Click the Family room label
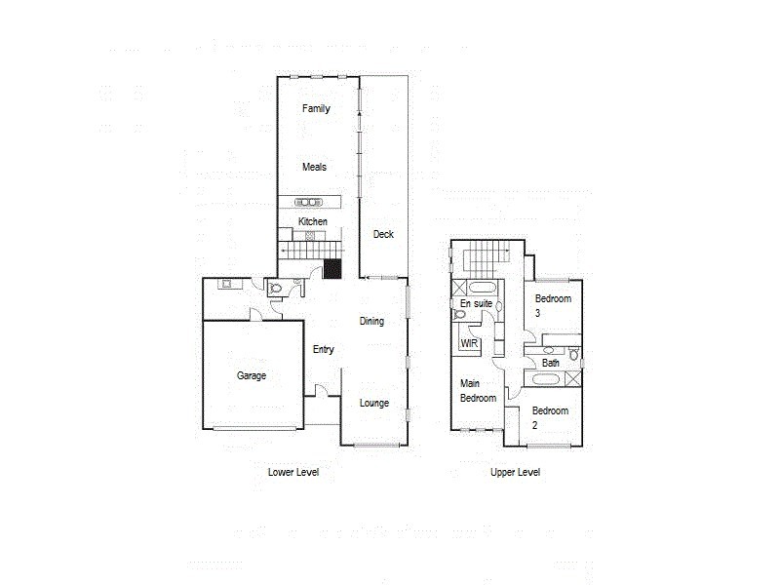(315, 108)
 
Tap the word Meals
(314, 167)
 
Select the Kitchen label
(312, 222)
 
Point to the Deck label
(383, 234)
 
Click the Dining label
(371, 321)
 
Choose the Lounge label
(373, 403)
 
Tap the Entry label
(324, 349)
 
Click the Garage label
(251, 375)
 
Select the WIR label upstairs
(468, 344)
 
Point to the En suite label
(476, 304)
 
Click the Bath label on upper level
(551, 363)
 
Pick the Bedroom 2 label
(549, 417)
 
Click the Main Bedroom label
(478, 391)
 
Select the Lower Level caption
(293, 472)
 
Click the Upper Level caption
(515, 472)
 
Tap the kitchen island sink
(308, 202)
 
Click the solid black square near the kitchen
(333, 268)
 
